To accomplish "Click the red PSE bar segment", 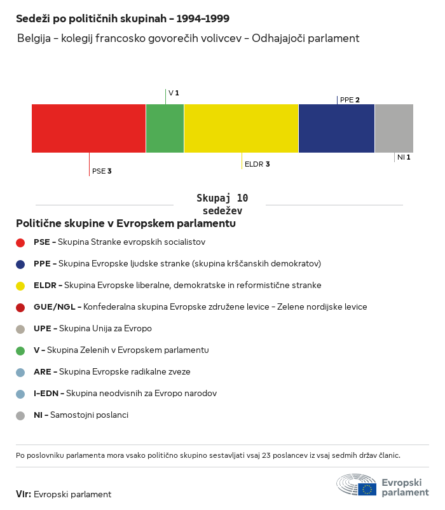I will [x=89, y=128].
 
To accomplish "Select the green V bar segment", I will [x=165, y=128].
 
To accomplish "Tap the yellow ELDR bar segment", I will [x=242, y=128].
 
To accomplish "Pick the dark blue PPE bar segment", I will [x=337, y=128].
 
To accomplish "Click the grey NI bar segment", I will [x=394, y=128].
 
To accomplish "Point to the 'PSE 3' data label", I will [x=102, y=171].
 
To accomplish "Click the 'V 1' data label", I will [x=174, y=93].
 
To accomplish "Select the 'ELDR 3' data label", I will [x=257, y=164].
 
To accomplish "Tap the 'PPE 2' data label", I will [x=350, y=100].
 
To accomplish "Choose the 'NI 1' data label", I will [x=404, y=157].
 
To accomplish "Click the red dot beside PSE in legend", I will [x=20, y=242].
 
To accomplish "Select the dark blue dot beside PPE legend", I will [x=20, y=264].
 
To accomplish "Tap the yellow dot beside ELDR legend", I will [x=20, y=286].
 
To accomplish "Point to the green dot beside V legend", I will [x=20, y=350].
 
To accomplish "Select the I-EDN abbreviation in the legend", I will [x=48, y=394].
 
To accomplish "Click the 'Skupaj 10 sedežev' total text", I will [x=222, y=205].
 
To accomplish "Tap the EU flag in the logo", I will [x=367, y=489].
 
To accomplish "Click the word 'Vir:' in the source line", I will [x=24, y=494].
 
